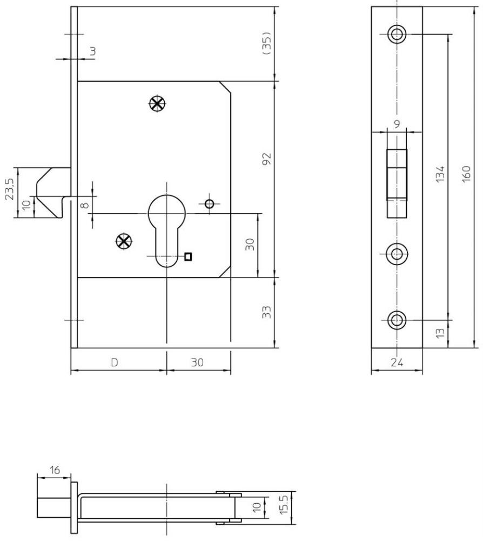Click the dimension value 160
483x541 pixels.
coord(466,174)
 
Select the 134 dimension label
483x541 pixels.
coord(440,174)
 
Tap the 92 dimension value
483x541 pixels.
coord(267,159)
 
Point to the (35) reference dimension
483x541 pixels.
coord(267,43)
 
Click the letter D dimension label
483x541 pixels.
coord(115,362)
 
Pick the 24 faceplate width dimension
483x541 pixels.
coord(397,362)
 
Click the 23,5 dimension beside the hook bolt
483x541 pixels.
coord(9,189)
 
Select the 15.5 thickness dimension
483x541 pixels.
coord(284,505)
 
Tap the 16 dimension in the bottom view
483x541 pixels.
coord(55,470)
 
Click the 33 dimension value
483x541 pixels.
coord(267,312)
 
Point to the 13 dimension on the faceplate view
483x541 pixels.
coord(440,333)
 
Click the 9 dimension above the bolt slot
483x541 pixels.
coord(397,124)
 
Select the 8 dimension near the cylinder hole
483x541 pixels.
coord(84,205)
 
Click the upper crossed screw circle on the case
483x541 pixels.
coord(158,103)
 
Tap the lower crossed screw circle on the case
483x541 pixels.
coord(124,241)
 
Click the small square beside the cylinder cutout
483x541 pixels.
coord(188,256)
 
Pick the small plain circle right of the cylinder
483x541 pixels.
coord(210,204)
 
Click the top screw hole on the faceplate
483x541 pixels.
coord(397,34)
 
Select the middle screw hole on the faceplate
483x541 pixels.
coord(397,254)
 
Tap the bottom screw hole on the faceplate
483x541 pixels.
coord(397,320)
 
